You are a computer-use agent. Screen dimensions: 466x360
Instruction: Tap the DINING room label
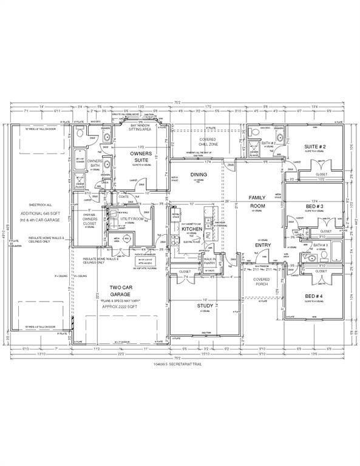pyautogui.click(x=199, y=175)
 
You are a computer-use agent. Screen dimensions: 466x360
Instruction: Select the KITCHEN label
pyautogui.click(x=191, y=229)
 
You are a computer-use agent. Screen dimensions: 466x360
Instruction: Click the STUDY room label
pyautogui.click(x=205, y=305)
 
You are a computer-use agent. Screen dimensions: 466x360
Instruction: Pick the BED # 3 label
pyautogui.click(x=314, y=207)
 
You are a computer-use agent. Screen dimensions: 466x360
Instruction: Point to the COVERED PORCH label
pyautogui.click(x=262, y=282)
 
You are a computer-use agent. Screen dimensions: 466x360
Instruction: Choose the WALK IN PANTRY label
pyautogui.click(x=210, y=261)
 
